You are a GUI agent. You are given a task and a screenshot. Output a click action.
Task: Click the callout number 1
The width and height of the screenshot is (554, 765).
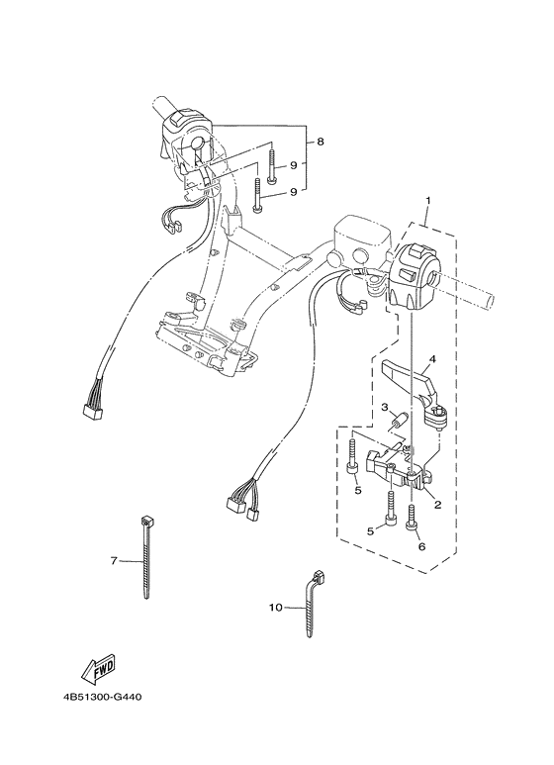(427, 201)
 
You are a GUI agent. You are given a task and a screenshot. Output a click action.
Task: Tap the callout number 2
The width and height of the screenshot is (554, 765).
(436, 504)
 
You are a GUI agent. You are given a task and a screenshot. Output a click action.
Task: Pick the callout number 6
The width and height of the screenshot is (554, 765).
(420, 545)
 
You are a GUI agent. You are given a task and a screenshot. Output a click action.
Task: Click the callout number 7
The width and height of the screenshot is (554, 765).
(114, 561)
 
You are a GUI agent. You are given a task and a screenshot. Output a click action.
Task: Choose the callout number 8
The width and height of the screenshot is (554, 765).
(320, 143)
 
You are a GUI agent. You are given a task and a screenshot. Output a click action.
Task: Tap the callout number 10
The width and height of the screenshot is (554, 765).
(275, 608)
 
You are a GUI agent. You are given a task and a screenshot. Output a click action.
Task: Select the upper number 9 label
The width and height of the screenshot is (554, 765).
(294, 165)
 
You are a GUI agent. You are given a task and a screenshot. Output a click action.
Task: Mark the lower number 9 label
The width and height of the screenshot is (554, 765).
(294, 192)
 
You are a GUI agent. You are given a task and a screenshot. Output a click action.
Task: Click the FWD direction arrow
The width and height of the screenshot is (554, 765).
(102, 673)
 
